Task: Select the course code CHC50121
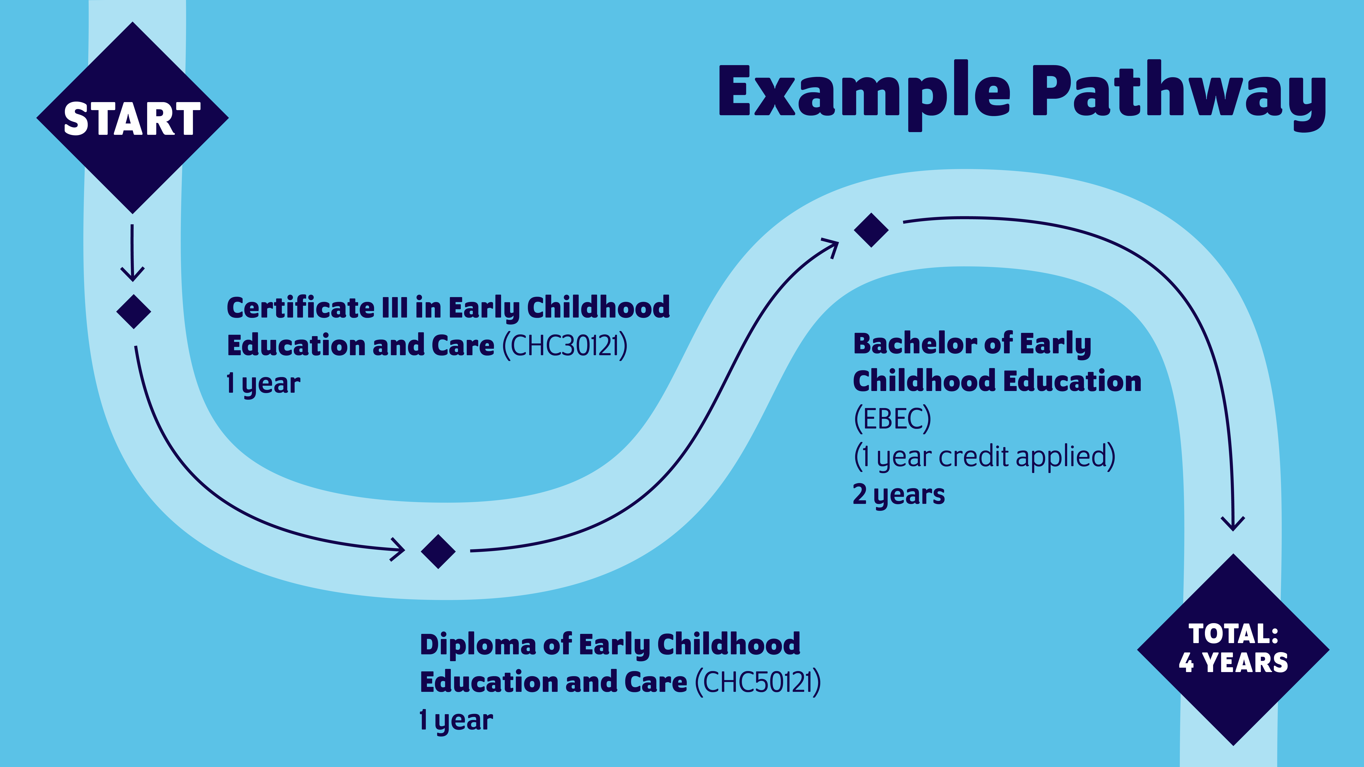758,682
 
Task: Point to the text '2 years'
899,494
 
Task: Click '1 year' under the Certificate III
263,383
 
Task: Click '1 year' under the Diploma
456,720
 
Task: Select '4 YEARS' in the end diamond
1233,663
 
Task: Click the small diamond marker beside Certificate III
134,311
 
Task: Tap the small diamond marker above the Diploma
438,551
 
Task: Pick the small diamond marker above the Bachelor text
871,230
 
